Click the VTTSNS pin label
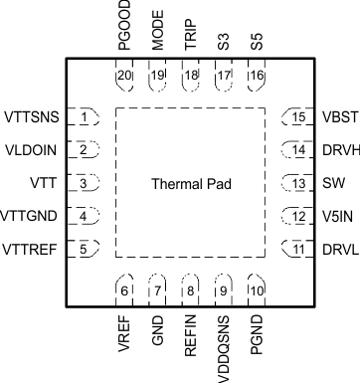point(32,117)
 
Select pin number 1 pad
point(86,117)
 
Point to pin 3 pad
point(86,183)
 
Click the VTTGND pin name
point(32,216)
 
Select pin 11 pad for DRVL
point(296,249)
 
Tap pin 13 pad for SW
point(296,183)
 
